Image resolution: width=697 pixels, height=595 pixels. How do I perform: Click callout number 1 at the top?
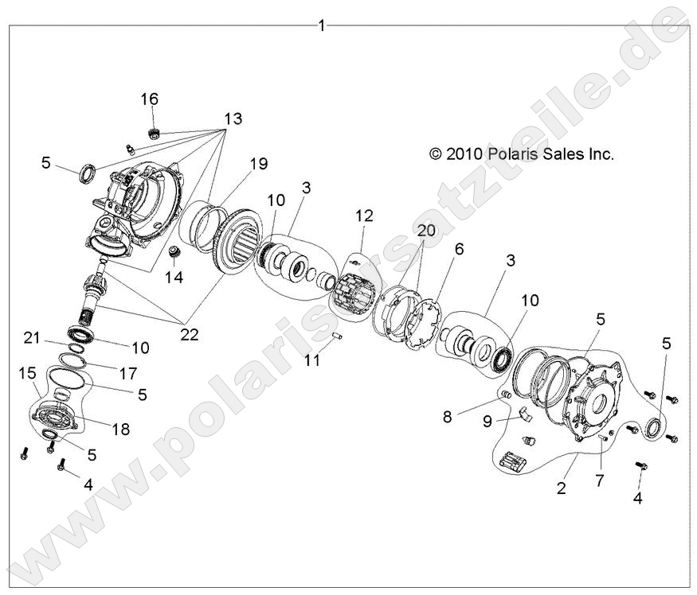pos(322,25)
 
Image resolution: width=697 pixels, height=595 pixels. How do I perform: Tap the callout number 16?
pos(150,99)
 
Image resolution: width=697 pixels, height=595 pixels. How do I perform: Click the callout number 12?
pos(364,215)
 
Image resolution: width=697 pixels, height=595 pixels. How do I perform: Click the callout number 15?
pos(26,371)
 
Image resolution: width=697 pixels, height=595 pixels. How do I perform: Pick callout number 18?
pos(120,430)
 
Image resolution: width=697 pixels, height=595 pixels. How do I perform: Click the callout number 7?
pos(600,480)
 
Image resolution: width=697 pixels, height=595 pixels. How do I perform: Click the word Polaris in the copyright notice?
pos(518,154)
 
